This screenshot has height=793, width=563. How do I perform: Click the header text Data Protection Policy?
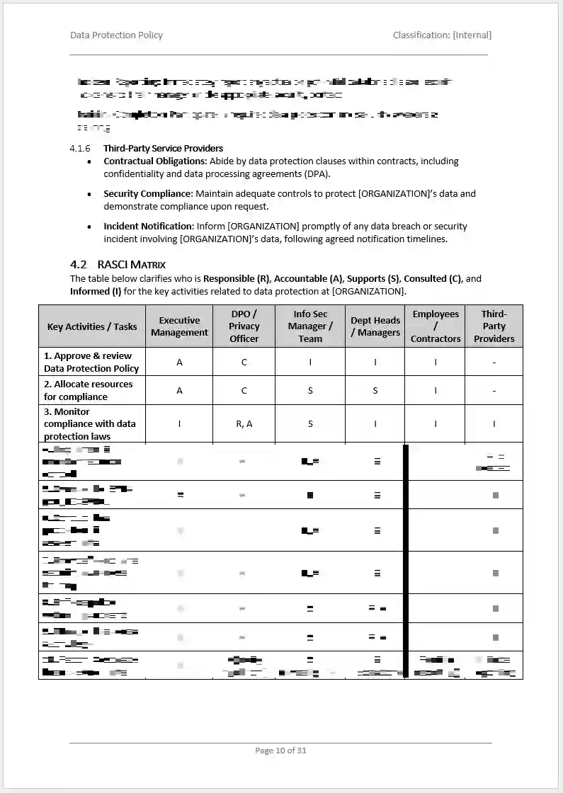click(116, 35)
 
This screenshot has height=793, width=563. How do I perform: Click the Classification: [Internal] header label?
click(442, 35)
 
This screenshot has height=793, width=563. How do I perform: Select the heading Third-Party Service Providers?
click(163, 149)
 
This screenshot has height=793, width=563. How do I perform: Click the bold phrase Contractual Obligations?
click(154, 161)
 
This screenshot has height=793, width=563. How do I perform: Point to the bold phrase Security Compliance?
click(148, 194)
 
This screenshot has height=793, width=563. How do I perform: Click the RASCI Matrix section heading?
click(131, 265)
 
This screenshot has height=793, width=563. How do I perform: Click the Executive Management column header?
click(179, 326)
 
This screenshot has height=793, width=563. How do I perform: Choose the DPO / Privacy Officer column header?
click(244, 326)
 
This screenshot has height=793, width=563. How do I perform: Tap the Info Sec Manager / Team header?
click(310, 326)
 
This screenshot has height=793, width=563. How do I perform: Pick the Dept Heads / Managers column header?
click(375, 326)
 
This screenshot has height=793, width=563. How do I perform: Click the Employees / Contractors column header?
click(436, 326)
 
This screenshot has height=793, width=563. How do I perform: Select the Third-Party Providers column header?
click(494, 326)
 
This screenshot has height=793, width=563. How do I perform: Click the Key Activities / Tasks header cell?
click(92, 327)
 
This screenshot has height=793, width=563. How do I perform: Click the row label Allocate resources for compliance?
click(88, 390)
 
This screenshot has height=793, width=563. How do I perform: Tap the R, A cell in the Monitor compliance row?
click(244, 424)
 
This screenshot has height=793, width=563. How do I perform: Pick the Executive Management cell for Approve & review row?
click(179, 363)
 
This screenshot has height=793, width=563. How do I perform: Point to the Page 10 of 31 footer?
click(280, 751)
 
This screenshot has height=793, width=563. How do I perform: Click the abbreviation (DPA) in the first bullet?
click(317, 174)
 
